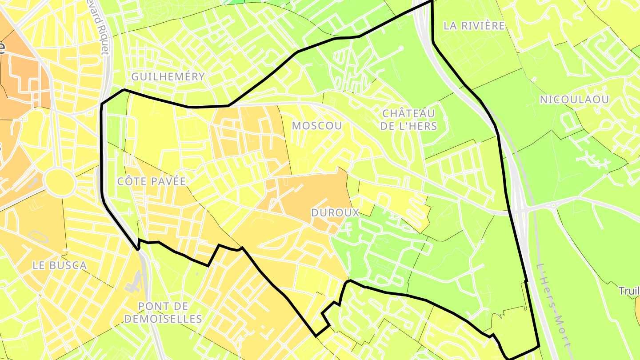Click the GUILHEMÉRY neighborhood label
tap(168, 76)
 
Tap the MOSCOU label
tap(317, 126)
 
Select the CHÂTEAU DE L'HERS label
tap(408, 120)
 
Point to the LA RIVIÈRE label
tap(474, 26)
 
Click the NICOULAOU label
tap(574, 100)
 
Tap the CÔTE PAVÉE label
tap(151, 181)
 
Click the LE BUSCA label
tap(60, 265)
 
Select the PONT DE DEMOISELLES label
tap(163, 312)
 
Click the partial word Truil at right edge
tap(630, 291)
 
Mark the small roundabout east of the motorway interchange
tap(553, 205)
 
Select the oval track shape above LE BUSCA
tap(40, 236)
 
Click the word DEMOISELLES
tap(163, 319)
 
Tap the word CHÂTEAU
tap(408, 114)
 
